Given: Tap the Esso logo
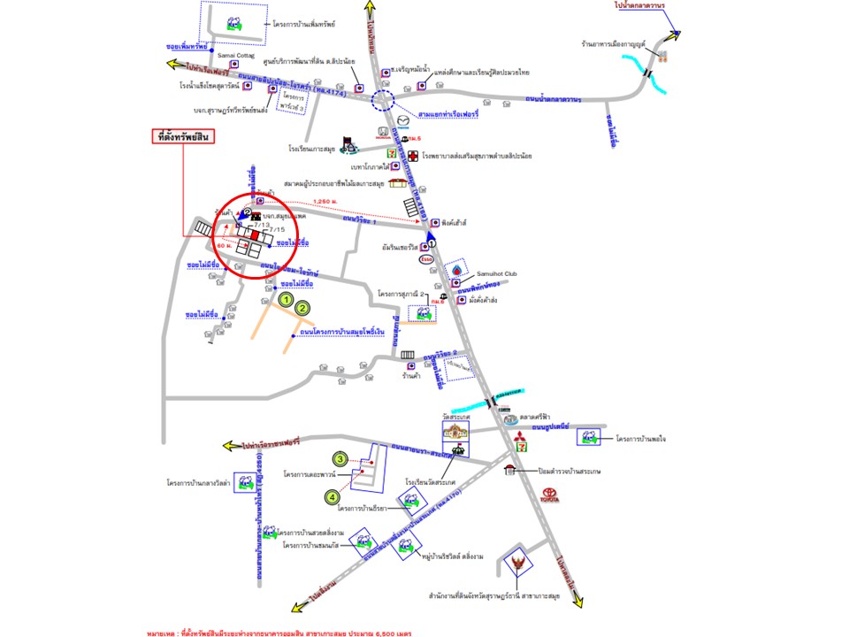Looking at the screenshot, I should (426, 259).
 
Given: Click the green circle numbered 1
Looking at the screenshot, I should (286, 300).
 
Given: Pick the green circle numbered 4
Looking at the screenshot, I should (333, 498).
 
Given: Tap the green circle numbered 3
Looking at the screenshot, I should (340, 459).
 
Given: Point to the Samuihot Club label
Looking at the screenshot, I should (500, 275).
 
